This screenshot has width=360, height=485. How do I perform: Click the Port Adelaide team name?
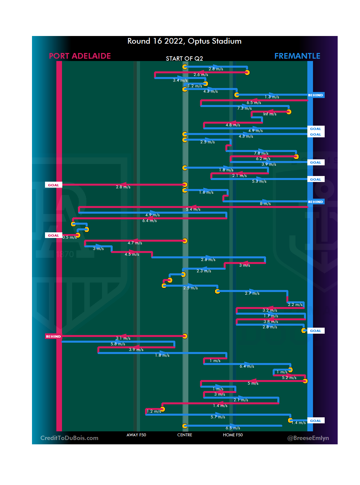(x=80, y=56)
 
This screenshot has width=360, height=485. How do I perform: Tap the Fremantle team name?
(x=297, y=56)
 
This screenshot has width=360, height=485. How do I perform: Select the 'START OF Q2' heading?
(x=184, y=59)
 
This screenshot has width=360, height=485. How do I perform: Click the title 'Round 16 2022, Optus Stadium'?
(x=184, y=41)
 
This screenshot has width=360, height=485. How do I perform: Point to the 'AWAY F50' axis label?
(x=136, y=435)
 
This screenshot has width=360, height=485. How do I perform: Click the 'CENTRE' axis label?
(x=185, y=435)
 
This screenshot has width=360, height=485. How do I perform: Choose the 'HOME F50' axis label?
(x=233, y=435)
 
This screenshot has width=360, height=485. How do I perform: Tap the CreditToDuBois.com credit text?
(x=69, y=438)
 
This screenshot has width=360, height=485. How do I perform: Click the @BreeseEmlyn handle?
(x=308, y=438)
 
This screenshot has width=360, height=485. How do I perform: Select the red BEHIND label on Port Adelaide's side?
(x=53, y=336)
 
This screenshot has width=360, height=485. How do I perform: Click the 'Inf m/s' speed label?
(x=270, y=114)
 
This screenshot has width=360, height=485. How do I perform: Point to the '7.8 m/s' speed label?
(x=261, y=153)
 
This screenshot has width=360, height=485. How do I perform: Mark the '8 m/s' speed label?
(x=265, y=204)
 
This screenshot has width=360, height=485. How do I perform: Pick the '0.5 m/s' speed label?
(x=69, y=237)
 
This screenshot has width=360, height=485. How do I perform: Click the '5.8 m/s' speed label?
(x=118, y=344)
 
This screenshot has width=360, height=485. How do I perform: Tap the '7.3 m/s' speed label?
(x=244, y=108)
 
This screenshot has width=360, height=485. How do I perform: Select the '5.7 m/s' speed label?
(x=218, y=417)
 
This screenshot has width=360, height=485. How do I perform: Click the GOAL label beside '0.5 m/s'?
(x=53, y=235)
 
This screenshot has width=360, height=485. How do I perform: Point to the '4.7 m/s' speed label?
(x=135, y=243)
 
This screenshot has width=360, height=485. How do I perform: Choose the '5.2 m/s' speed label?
(x=289, y=378)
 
